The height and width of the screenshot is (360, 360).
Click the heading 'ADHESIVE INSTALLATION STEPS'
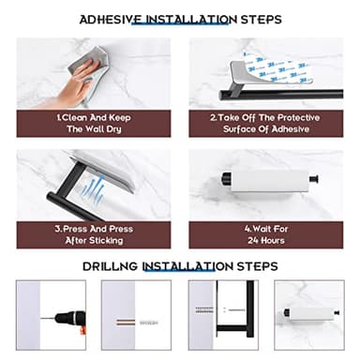pyautogui.click(x=180, y=19)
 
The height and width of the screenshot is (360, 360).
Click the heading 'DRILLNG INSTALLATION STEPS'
pyautogui.click(x=180, y=266)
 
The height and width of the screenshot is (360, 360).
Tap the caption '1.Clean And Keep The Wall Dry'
pyautogui.click(x=94, y=124)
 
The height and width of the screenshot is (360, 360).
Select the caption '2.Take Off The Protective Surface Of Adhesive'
pyautogui.click(x=265, y=124)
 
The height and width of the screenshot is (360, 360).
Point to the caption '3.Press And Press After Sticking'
pyautogui.click(x=94, y=234)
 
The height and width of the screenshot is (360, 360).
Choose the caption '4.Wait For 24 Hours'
pyautogui.click(x=265, y=234)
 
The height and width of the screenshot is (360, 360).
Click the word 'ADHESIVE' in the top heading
pyautogui.click(x=109, y=19)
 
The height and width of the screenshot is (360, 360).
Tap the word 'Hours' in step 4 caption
pyautogui.click(x=265, y=241)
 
